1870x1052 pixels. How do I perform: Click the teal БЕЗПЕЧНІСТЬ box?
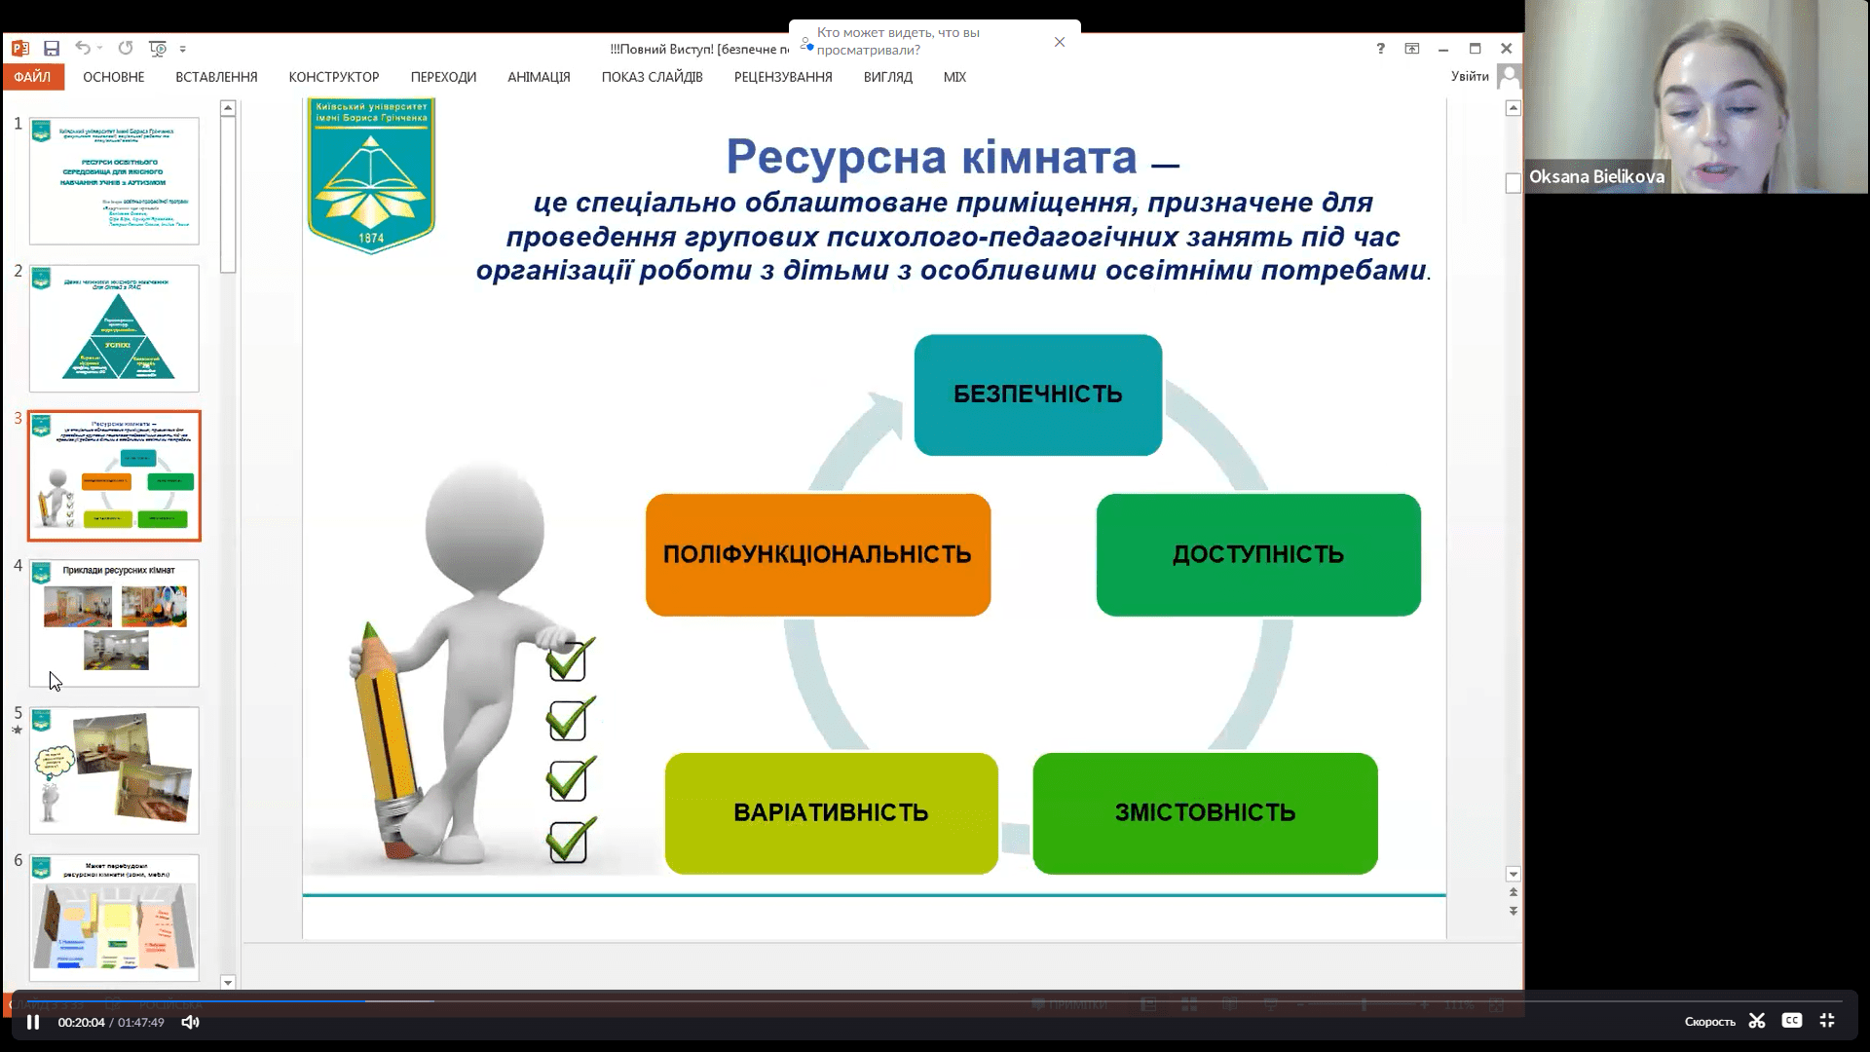[1037, 394]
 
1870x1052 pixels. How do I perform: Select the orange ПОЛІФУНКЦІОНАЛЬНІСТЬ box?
[817, 554]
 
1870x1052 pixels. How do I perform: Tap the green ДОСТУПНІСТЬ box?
[1257, 554]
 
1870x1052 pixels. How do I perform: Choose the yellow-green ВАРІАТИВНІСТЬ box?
[831, 812]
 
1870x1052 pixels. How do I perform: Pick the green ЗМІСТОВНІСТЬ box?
[1205, 812]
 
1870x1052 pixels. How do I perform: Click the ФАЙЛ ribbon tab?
[32, 77]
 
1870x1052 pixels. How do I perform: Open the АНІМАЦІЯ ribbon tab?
[539, 77]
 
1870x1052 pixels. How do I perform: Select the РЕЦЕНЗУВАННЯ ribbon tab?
[783, 77]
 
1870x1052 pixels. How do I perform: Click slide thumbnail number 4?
[114, 622]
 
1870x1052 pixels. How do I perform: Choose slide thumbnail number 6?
[114, 917]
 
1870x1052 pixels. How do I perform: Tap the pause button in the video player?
[33, 1022]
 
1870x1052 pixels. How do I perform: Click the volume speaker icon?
[190, 1022]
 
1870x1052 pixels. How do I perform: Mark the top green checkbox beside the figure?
[568, 660]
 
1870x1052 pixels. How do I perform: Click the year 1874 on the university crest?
[371, 238]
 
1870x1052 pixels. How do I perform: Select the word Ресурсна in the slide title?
[835, 156]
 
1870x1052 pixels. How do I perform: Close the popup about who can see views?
[1060, 42]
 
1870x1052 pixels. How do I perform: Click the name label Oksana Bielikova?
[1596, 176]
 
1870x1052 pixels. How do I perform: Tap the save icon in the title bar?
[52, 48]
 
